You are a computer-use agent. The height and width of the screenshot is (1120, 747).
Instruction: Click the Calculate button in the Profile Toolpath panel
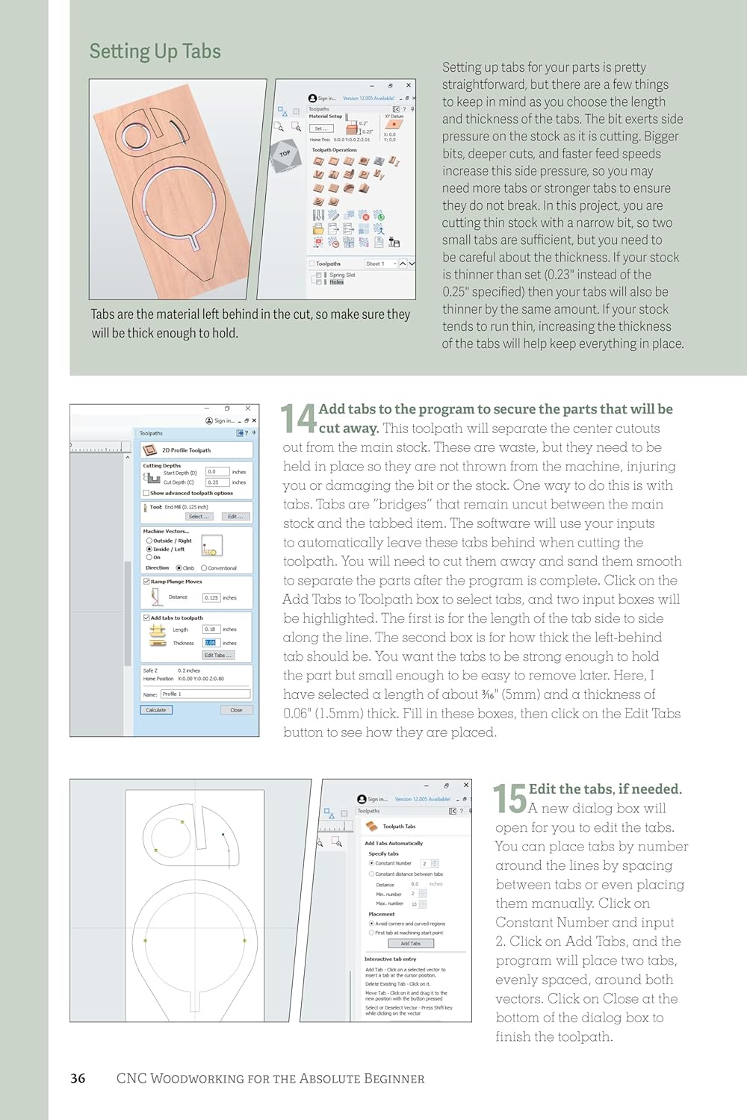pos(156,710)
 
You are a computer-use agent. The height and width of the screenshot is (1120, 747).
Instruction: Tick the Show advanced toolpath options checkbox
pos(146,493)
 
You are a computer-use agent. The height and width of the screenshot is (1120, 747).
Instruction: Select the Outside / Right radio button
pos(149,541)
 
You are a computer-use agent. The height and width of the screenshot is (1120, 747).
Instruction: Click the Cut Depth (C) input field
pos(217,482)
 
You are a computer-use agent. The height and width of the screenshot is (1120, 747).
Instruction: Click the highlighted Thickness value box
pos(211,643)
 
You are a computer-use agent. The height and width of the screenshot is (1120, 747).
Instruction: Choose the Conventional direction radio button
pos(204,568)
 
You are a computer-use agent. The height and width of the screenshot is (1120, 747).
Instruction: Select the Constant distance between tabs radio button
pos(372,874)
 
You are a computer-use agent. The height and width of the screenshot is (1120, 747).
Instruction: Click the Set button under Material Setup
pos(320,128)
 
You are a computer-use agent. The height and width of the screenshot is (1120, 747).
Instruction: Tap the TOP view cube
pos(285,155)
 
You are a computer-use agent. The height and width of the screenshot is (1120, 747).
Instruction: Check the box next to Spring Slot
pos(319,276)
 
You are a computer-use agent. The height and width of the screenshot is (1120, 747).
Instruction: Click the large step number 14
pos(298,419)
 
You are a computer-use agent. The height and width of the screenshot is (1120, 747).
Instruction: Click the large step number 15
pos(510,798)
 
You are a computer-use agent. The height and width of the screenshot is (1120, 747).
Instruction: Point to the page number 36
pos(78,1078)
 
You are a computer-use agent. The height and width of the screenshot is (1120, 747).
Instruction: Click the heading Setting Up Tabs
pos(155,52)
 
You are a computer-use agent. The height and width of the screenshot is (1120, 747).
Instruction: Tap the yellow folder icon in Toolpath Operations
pos(318,229)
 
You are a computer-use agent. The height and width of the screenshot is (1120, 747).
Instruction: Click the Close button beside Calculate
pos(236,710)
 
